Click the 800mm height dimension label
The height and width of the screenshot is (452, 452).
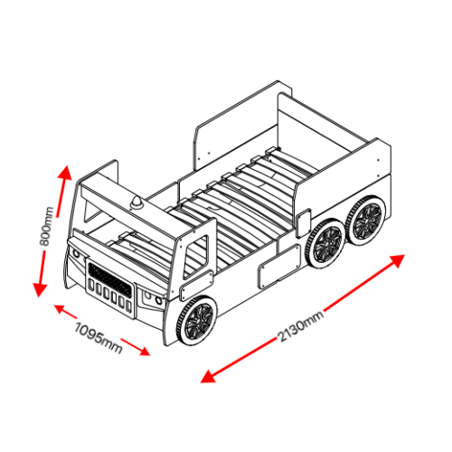(47, 226)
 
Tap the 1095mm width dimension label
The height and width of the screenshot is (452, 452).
(99, 338)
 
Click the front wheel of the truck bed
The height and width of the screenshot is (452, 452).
(197, 321)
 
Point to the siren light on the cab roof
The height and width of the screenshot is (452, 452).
(137, 202)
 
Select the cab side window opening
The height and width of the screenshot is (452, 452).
(196, 257)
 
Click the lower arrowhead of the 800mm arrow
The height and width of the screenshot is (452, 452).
(40, 289)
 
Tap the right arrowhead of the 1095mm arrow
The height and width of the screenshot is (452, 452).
(144, 351)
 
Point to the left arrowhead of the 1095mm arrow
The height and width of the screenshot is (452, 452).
(60, 308)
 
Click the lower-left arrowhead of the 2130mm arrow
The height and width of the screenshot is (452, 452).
(208, 377)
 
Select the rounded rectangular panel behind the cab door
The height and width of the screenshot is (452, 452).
(279, 267)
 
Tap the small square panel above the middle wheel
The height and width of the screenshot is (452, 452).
(303, 223)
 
